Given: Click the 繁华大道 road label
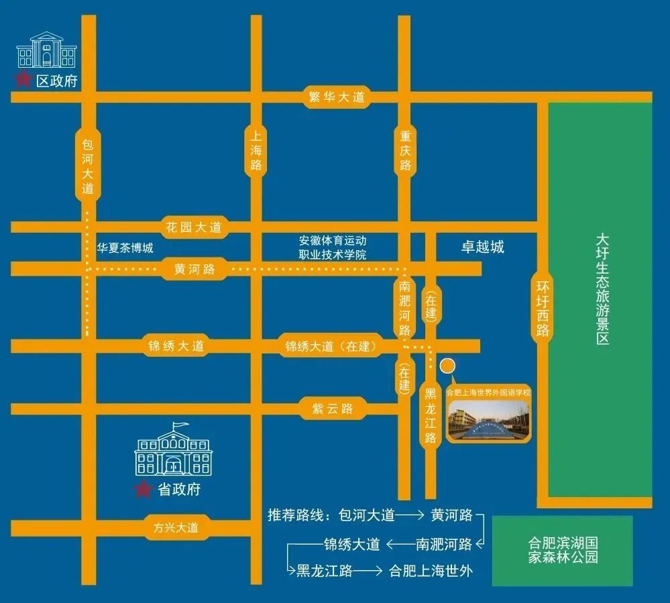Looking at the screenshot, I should click(x=336, y=97).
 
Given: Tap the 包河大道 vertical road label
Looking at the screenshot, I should click(x=88, y=166).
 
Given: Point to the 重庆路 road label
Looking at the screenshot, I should click(x=404, y=150).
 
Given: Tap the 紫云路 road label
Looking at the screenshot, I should click(x=332, y=408).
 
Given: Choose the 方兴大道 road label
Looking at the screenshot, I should click(x=175, y=527).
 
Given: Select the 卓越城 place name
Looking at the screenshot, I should click(x=482, y=247).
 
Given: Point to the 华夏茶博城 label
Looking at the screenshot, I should click(x=125, y=248).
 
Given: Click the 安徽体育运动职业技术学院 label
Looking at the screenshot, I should click(x=333, y=248).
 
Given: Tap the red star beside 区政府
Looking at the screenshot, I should click(x=24, y=80).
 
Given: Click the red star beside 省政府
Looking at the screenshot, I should click(x=142, y=490).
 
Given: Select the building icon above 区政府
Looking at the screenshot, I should click(x=46, y=50).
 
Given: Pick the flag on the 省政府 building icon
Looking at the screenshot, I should click(x=178, y=425).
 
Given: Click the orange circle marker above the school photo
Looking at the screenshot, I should click(x=447, y=366).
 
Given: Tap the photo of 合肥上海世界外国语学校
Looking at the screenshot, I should click(x=488, y=420).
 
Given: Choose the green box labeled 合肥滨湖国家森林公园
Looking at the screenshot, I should click(x=562, y=550).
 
